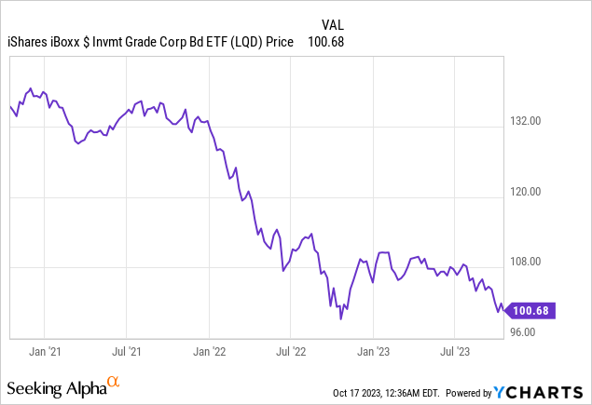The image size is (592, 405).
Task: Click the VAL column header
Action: [333, 24]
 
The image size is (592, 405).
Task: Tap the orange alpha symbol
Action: [113, 382]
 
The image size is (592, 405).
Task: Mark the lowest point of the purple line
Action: [340, 319]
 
